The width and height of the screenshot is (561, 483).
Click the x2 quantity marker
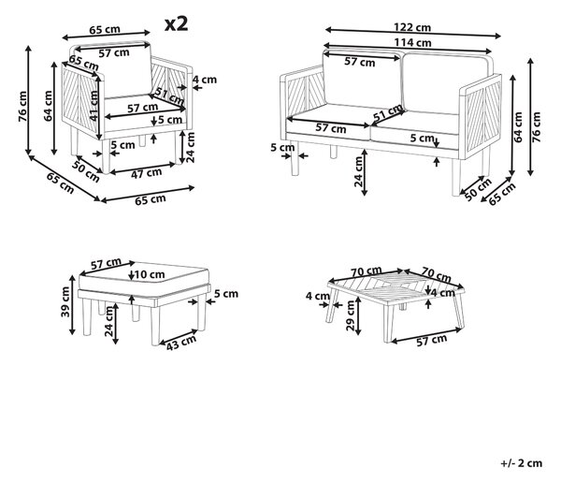pos(176,24)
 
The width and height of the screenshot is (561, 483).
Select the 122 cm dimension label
pos(412,27)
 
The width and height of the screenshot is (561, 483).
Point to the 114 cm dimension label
pos(412,43)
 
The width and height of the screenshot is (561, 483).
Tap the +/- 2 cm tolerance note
pos(521,463)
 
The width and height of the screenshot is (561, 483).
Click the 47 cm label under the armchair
pos(147,173)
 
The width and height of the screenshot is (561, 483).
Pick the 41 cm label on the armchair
pos(93,106)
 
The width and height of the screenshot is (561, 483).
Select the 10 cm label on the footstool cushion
pos(150,274)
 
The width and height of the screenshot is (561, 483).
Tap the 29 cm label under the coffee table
pos(351,315)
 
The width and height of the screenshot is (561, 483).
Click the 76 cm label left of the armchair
pos(22,107)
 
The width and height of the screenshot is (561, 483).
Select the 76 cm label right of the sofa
pos(537,127)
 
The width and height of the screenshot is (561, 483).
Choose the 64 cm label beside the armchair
pos(48,106)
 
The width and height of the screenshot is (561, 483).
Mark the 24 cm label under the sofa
pos(358,171)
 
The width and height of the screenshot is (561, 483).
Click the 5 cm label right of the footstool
pos(226,294)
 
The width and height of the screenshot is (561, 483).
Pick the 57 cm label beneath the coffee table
pos(432,340)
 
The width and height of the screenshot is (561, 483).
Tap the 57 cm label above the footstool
pos(106,264)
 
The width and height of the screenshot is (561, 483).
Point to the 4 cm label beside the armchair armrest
pos(205,80)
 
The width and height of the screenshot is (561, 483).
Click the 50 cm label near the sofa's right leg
pos(478,189)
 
